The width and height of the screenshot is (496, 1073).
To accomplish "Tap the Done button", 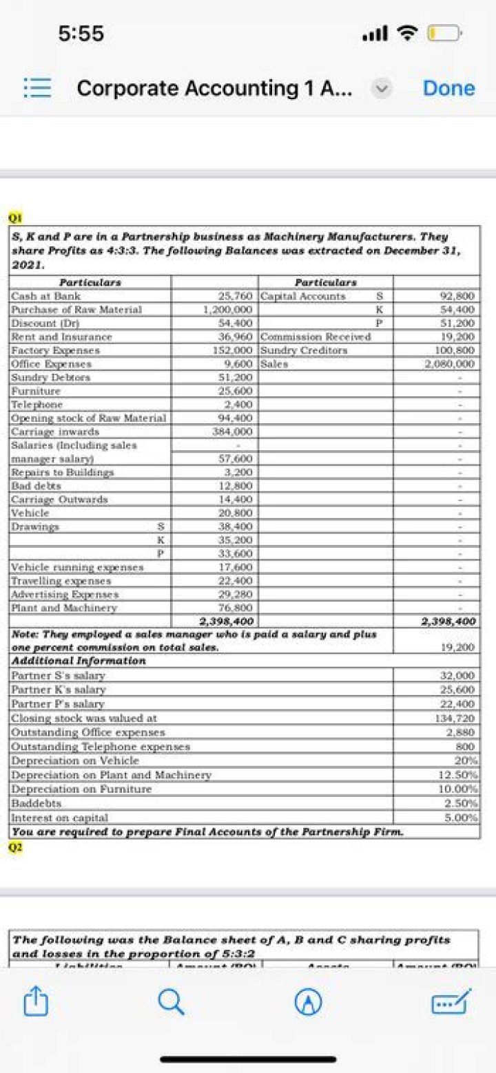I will tap(448, 88).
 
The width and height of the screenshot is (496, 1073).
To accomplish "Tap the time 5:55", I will tap(81, 32).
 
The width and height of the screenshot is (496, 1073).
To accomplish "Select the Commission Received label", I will tap(316, 337).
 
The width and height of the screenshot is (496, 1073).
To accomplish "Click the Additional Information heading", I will tap(79, 661).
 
